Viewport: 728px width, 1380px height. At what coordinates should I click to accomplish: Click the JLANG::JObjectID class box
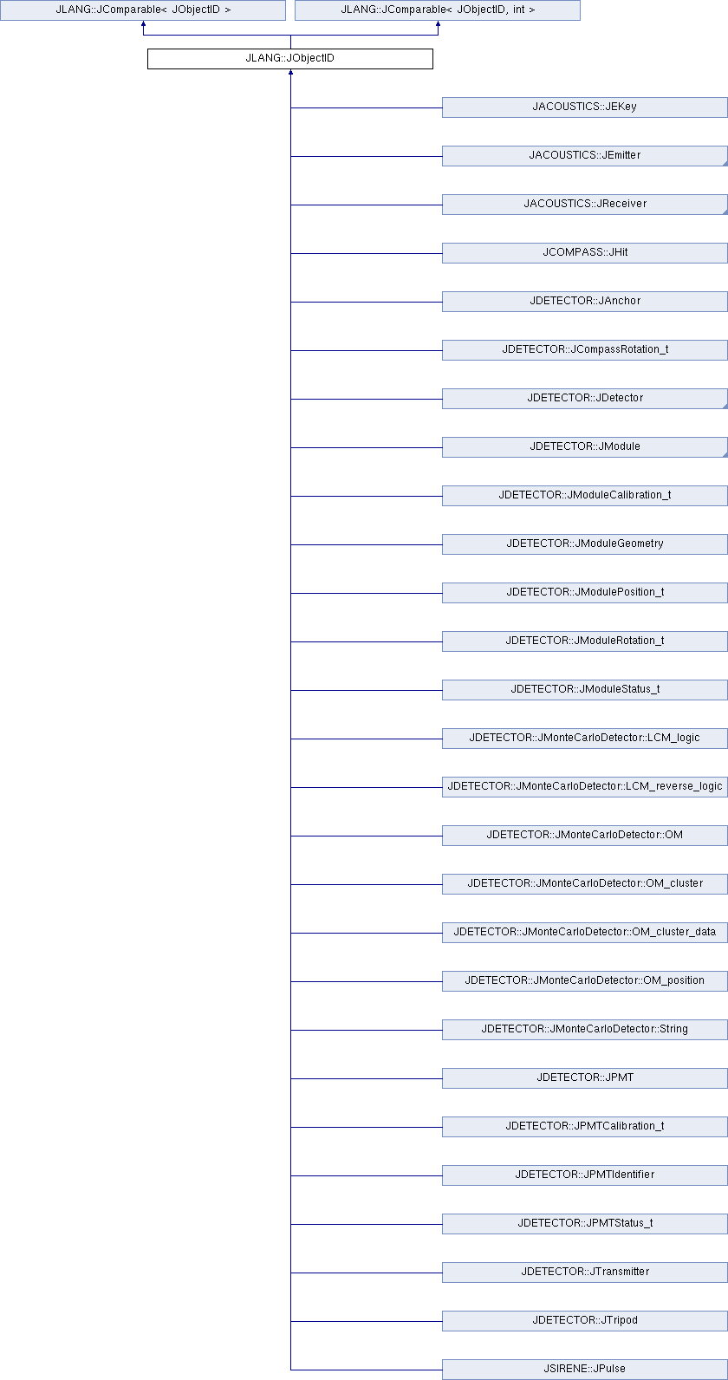[290, 59]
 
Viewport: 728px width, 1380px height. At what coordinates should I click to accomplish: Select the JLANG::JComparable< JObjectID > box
[143, 10]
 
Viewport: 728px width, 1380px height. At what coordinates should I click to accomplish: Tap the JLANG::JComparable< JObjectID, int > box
[438, 10]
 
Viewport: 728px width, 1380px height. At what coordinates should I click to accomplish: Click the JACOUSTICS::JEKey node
[584, 107]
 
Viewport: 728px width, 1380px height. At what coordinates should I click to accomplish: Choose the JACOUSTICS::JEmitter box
[584, 156]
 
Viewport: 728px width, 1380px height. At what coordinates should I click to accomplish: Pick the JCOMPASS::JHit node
[584, 252]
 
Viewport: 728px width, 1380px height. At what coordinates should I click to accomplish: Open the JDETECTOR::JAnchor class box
[584, 302]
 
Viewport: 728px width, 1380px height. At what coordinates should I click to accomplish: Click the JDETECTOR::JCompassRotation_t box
[584, 350]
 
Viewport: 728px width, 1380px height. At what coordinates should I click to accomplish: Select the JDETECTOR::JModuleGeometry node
[584, 544]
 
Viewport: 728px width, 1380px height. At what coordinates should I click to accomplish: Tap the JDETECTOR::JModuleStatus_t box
[584, 689]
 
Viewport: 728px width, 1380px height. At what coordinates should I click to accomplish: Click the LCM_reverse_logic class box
[584, 787]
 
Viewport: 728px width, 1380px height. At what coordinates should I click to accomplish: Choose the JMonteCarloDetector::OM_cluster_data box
[584, 932]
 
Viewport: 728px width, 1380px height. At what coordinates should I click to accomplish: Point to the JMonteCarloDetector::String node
[584, 1030]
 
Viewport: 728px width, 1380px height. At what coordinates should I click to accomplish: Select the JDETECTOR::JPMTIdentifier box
[584, 1175]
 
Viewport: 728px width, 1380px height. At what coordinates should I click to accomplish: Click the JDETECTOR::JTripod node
[584, 1320]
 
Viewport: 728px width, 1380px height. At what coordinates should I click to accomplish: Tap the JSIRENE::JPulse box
[584, 1369]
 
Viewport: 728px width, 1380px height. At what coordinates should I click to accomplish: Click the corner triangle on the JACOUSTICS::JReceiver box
[725, 212]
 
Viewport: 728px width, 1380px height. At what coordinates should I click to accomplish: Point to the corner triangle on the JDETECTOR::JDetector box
[725, 407]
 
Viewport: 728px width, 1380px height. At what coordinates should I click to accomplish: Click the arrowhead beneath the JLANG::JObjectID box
[290, 72]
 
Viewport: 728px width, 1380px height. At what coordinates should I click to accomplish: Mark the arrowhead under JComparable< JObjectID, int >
[438, 23]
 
